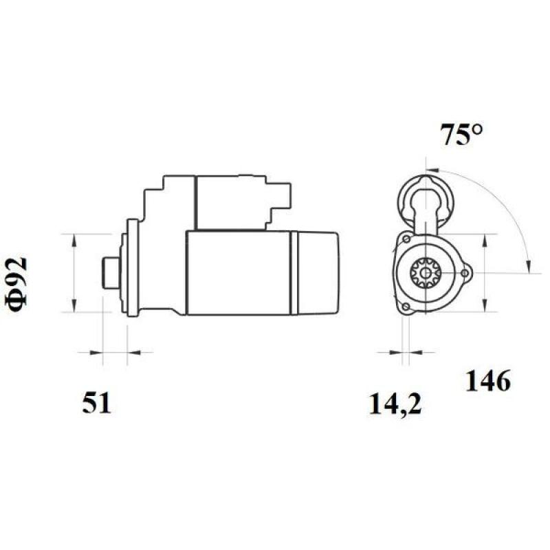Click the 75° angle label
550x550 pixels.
pos(461,135)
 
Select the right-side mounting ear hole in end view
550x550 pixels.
pos(466,274)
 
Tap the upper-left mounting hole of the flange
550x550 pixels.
pos(407,239)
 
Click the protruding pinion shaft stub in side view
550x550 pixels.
pos(109,273)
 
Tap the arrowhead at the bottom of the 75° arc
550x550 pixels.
pos(527,265)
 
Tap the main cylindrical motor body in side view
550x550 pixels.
pos(237,274)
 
